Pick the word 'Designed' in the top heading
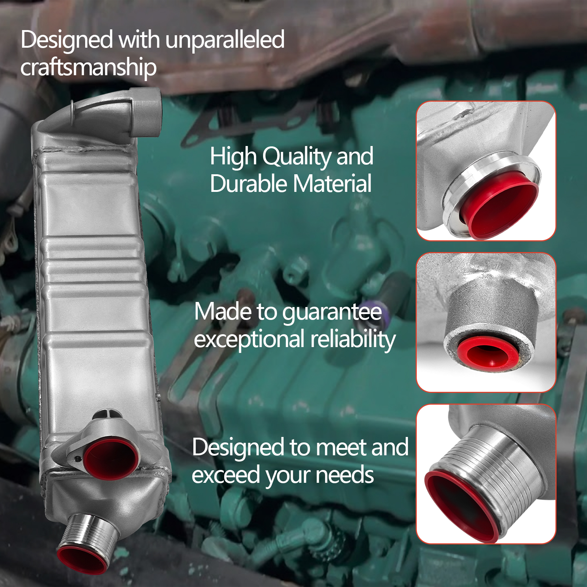(67, 40)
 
